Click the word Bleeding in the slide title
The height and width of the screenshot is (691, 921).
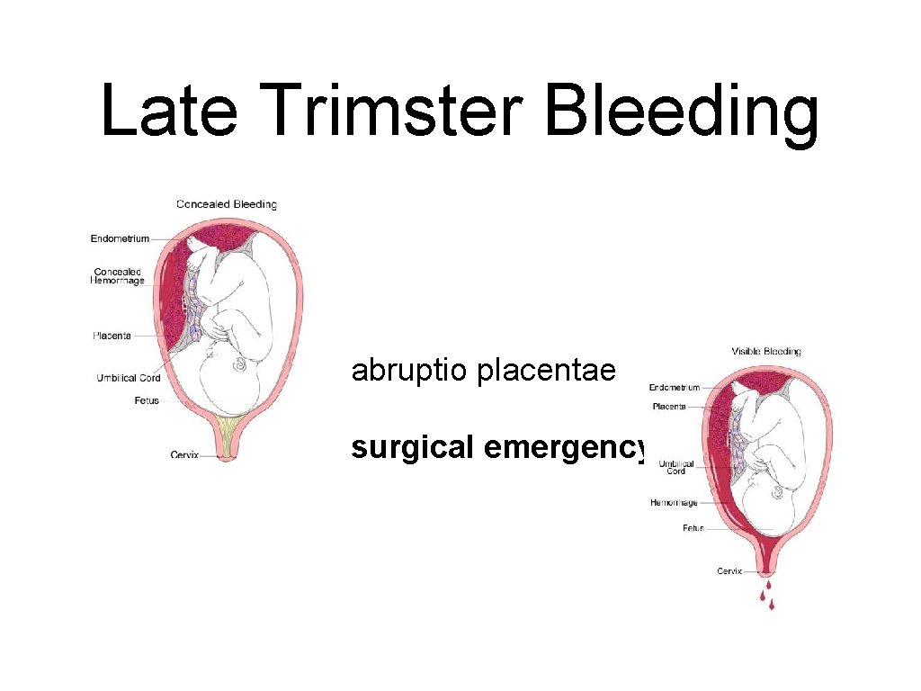(682, 113)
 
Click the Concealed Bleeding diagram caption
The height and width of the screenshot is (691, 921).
(227, 204)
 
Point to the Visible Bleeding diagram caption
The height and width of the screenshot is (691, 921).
(766, 351)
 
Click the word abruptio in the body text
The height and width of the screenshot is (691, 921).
(409, 370)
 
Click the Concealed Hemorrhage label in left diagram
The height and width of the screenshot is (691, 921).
(118, 276)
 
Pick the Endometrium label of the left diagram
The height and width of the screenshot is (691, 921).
(120, 238)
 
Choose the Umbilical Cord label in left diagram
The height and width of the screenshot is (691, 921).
(129, 378)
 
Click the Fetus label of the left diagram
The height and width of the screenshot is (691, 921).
(147, 400)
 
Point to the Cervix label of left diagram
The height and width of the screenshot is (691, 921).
(184, 454)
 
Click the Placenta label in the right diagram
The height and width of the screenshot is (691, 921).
(669, 407)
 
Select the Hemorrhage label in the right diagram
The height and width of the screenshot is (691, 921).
(674, 502)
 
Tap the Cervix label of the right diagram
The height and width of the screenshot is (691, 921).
(729, 570)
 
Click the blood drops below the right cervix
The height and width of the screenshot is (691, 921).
(767, 594)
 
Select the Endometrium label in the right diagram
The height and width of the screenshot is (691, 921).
(675, 388)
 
